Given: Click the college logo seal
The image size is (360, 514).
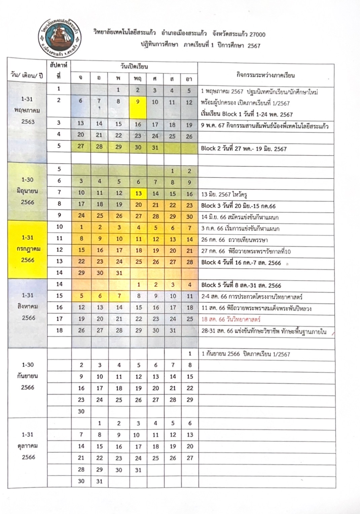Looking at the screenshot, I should click(x=59, y=37).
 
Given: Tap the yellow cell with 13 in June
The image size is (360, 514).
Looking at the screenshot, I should click(x=138, y=193).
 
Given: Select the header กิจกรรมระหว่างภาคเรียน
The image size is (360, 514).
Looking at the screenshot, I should click(x=265, y=75).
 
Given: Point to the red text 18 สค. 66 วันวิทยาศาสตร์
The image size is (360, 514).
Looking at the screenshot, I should click(x=231, y=319).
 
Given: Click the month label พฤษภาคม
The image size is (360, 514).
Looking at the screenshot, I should click(x=28, y=110).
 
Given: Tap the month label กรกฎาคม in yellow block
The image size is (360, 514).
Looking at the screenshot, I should click(x=28, y=249).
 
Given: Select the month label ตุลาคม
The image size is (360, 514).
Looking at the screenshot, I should click(x=28, y=446).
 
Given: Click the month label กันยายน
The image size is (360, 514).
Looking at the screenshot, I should click(x=28, y=376).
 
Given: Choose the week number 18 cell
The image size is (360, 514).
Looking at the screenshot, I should click(x=59, y=330).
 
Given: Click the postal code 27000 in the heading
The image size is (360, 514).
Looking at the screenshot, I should click(x=257, y=34).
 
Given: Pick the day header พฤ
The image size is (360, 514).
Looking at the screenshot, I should click(x=138, y=78).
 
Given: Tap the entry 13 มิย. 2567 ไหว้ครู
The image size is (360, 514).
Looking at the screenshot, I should click(x=224, y=194).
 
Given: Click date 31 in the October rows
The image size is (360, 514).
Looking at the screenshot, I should click(x=99, y=481).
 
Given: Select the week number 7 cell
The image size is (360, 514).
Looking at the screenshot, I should click(x=59, y=192).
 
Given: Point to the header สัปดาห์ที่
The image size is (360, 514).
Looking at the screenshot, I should click(x=59, y=71).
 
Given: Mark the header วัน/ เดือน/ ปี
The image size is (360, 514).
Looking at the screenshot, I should click(x=27, y=75).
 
